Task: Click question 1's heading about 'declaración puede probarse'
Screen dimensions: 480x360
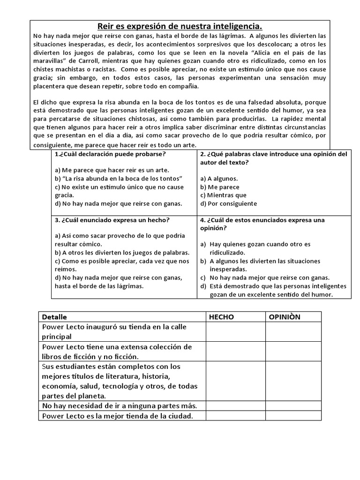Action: (x=111, y=154)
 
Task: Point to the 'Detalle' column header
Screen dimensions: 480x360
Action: (x=55, y=317)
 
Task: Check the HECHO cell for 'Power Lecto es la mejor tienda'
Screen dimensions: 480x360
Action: (x=236, y=416)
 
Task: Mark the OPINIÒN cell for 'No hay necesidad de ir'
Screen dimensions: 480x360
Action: (x=293, y=405)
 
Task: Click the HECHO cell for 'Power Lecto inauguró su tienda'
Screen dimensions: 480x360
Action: (x=236, y=332)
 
